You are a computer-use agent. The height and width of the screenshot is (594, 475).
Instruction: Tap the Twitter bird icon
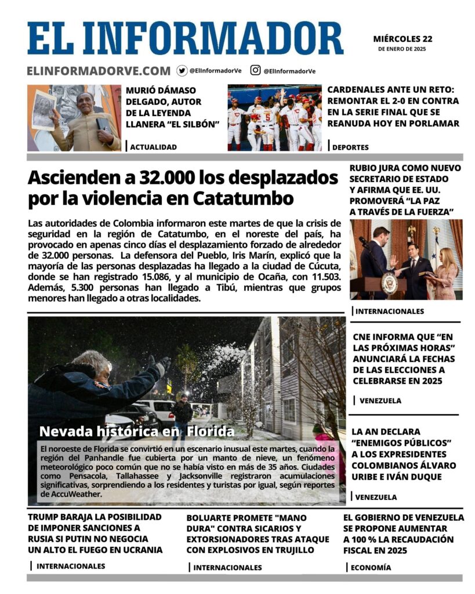182,71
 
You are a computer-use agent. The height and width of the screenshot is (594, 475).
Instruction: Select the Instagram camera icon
255,70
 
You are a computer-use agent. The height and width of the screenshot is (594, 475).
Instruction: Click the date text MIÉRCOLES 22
403,39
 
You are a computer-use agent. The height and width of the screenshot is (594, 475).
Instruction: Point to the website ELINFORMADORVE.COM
99,71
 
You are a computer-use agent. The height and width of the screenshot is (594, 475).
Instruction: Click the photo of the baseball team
274,118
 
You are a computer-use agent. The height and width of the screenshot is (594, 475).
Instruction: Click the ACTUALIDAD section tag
153,147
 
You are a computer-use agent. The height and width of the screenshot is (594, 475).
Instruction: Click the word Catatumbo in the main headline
242,199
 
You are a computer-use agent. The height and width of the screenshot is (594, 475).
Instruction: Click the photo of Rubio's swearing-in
406,259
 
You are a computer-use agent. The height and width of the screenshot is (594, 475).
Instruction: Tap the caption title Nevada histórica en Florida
137,431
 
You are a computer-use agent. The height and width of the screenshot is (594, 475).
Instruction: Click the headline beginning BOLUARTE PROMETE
258,534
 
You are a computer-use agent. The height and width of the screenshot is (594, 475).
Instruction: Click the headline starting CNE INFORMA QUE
404,358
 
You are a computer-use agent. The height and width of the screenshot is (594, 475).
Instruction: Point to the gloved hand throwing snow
161,365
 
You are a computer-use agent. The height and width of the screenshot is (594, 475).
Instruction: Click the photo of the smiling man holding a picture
74,118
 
